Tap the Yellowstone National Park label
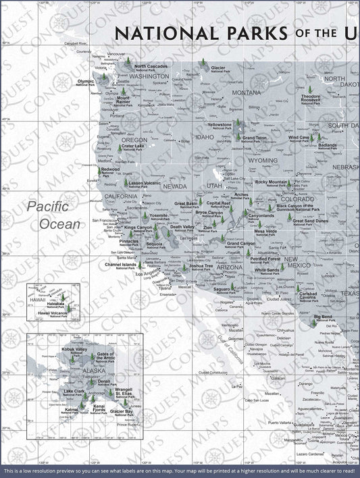[220, 126]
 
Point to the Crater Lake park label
[132, 147]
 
